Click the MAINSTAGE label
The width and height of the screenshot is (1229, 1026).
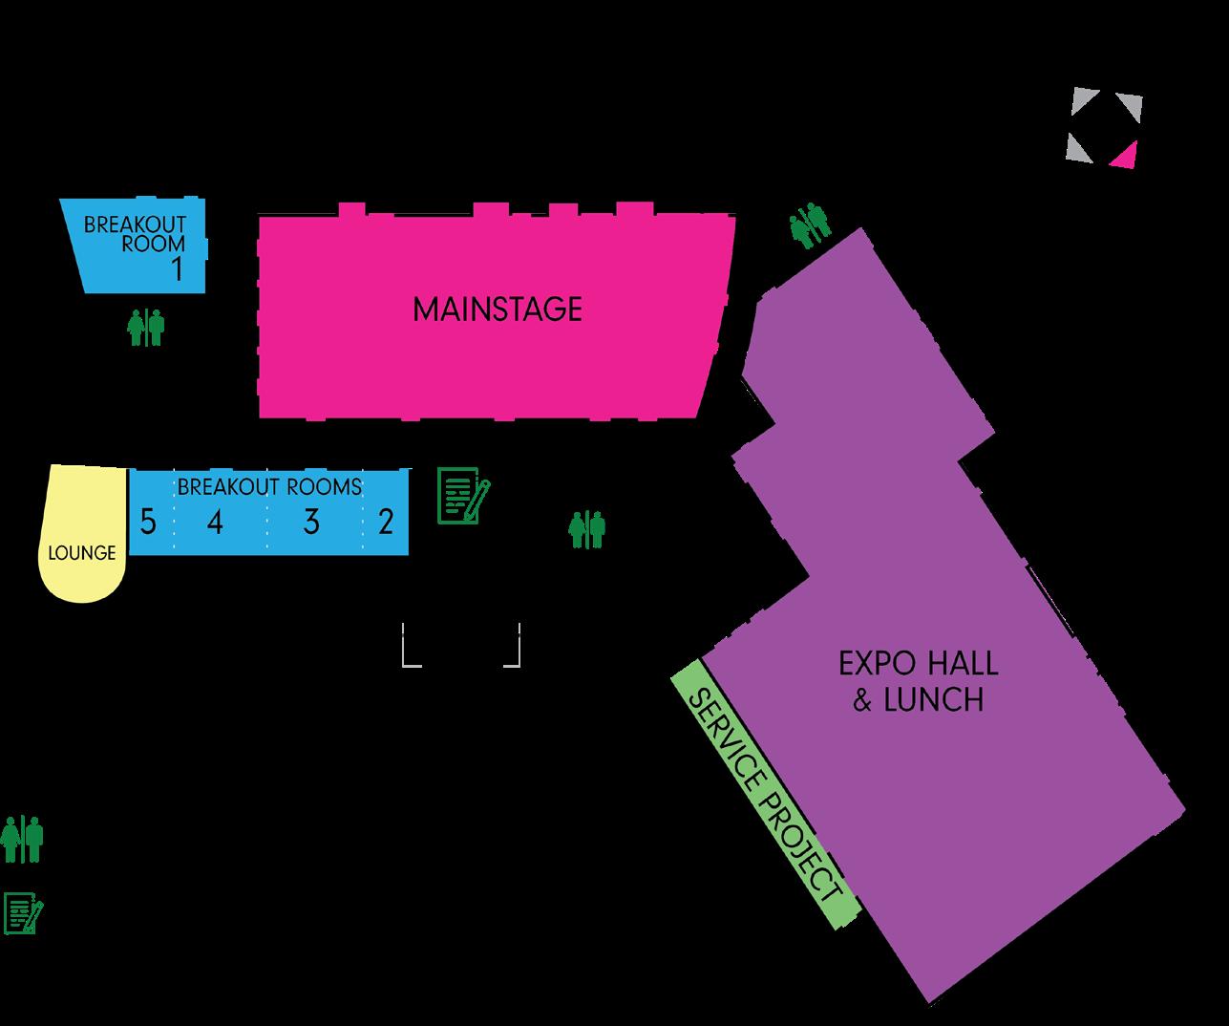pyautogui.click(x=497, y=310)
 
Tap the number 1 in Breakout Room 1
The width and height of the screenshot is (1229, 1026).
pyautogui.click(x=177, y=269)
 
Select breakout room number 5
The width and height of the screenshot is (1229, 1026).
pyautogui.click(x=147, y=523)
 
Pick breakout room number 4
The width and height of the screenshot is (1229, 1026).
pyautogui.click(x=215, y=523)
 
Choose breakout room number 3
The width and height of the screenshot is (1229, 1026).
pyautogui.click(x=310, y=523)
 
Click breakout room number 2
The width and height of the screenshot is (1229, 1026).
pyautogui.click(x=386, y=523)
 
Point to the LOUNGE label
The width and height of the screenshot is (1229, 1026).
pyautogui.click(x=82, y=553)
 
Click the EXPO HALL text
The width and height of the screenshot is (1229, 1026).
pyautogui.click(x=918, y=663)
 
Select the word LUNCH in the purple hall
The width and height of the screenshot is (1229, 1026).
pyautogui.click(x=934, y=700)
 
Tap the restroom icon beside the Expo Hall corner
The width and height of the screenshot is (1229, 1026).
pyautogui.click(x=810, y=224)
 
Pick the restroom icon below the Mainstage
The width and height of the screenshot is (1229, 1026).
pyautogui.click(x=587, y=529)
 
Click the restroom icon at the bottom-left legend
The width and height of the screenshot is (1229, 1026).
pyautogui.click(x=22, y=840)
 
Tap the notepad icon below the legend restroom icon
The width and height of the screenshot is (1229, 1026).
pyautogui.click(x=23, y=913)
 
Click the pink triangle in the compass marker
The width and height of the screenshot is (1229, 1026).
pyautogui.click(x=1125, y=155)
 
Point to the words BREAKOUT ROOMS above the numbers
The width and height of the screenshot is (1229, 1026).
pyautogui.click(x=269, y=486)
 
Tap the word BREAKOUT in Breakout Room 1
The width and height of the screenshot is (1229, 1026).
pyautogui.click(x=135, y=225)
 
